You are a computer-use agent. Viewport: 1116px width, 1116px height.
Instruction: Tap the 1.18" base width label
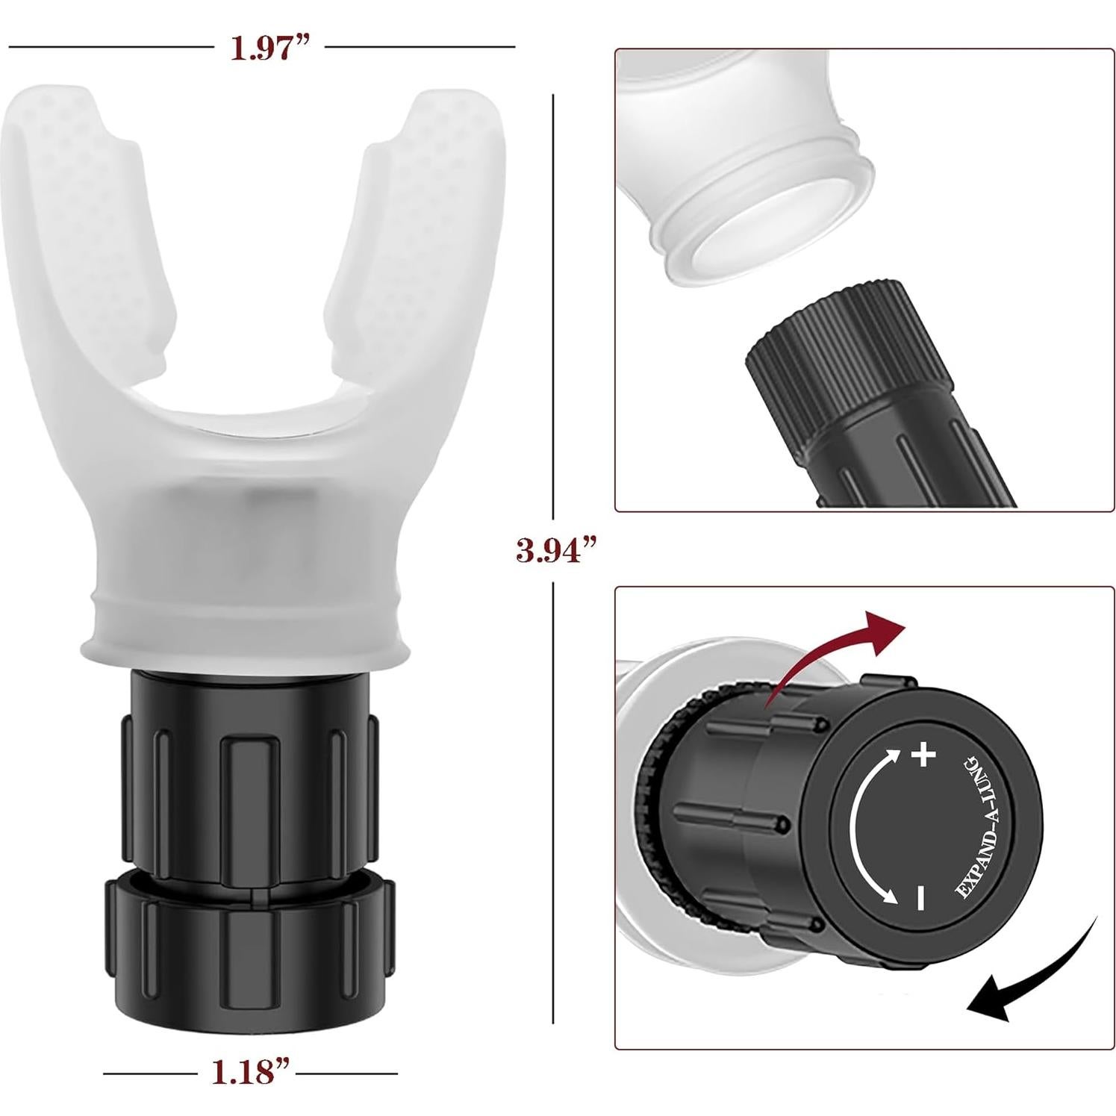tap(251, 1073)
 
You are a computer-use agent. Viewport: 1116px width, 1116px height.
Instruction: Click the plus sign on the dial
tap(923, 757)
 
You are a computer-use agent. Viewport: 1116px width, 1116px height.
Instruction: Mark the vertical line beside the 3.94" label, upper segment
tap(553, 299)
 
